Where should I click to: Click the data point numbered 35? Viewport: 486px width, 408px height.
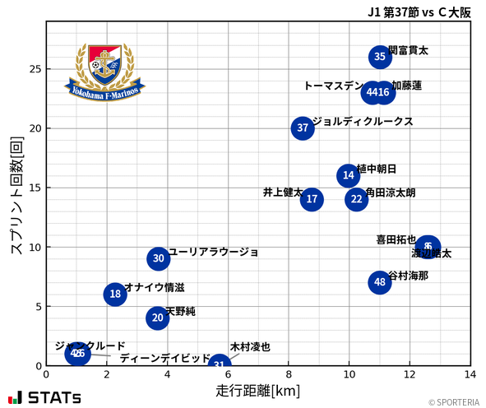[379, 57]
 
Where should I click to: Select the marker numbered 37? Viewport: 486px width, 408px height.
[303, 128]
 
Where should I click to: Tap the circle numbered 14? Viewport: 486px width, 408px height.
[349, 175]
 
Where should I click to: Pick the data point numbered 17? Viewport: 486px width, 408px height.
[312, 199]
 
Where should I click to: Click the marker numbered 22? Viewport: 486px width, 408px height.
[356, 199]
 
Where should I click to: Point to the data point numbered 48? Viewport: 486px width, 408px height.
[379, 282]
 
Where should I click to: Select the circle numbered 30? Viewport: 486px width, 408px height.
[159, 258]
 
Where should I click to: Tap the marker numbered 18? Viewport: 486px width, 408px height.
[115, 294]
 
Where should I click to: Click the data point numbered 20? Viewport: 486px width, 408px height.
[158, 318]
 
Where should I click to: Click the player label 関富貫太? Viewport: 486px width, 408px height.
[408, 50]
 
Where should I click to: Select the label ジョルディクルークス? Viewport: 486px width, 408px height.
[363, 121]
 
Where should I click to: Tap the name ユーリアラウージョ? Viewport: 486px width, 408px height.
[214, 252]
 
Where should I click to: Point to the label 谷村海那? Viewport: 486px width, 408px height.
[408, 276]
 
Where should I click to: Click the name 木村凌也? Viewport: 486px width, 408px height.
[250, 347]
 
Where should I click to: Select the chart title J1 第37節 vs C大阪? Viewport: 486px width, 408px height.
[419, 11]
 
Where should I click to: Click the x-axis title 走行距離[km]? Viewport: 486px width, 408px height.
[257, 390]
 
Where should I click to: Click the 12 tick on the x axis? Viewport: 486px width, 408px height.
[410, 374]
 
